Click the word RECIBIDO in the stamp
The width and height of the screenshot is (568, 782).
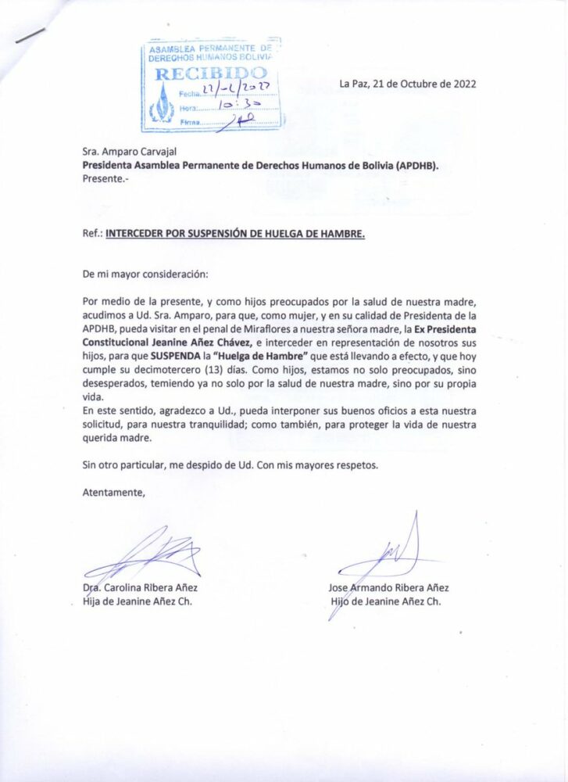211,75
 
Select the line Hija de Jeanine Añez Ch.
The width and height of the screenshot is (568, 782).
137,601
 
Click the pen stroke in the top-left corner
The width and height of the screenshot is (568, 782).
30,35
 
